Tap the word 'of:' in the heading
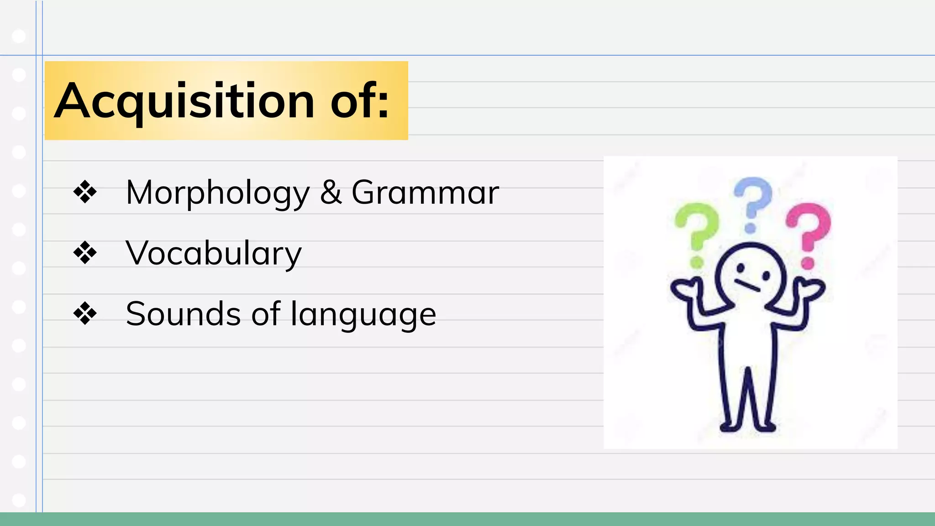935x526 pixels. point(360,101)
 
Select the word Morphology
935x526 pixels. point(218,193)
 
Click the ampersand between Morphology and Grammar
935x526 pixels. point(331,192)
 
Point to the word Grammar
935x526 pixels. point(425,192)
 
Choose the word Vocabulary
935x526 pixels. point(214,253)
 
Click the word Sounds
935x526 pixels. point(183,314)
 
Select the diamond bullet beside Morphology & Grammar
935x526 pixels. point(85,192)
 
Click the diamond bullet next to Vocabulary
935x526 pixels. point(85,252)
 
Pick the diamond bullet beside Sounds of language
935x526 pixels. point(85,314)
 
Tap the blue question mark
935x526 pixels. point(752,201)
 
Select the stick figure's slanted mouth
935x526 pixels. point(747,285)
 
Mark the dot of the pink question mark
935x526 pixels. point(808,263)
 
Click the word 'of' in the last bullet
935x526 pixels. point(266,314)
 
